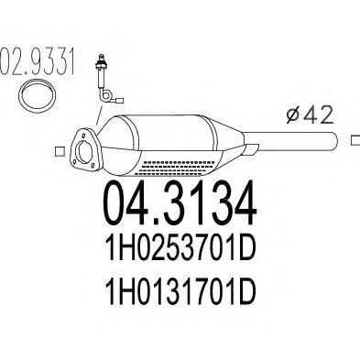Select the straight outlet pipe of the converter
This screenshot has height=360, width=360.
point(293,142)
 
